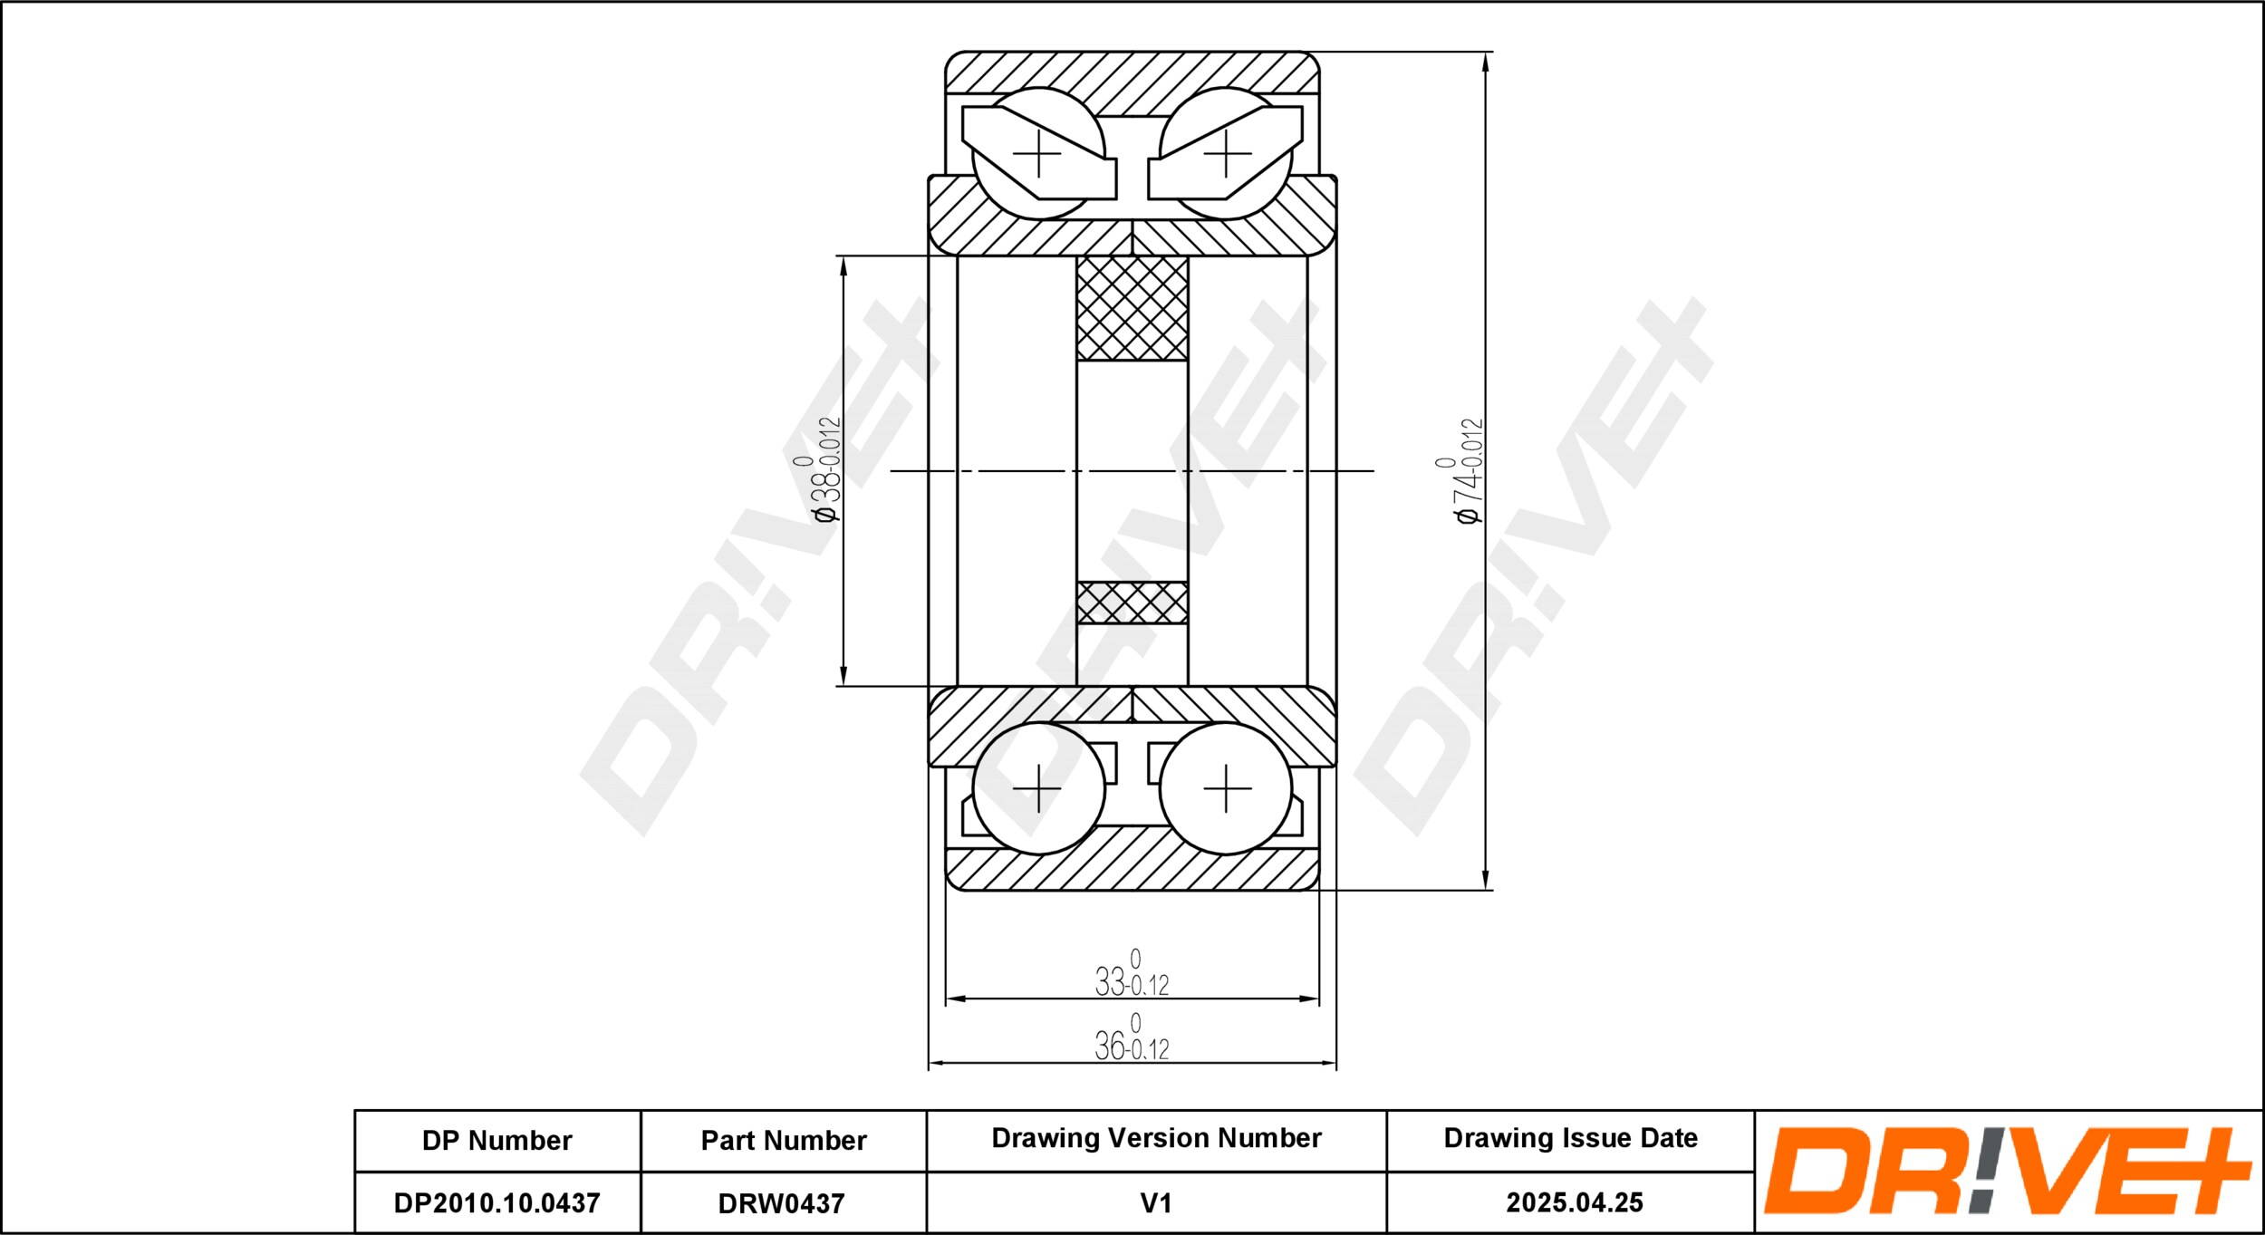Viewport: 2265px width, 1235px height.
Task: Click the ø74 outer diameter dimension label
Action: [1468, 470]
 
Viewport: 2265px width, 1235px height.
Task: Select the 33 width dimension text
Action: [1132, 974]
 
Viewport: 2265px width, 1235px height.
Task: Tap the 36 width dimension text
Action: [1132, 1038]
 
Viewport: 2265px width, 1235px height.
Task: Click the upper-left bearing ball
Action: [1038, 153]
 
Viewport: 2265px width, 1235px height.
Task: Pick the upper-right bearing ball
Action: [1227, 153]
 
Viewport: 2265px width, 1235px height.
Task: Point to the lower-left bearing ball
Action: [1038, 788]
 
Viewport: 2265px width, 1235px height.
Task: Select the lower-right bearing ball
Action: [1227, 788]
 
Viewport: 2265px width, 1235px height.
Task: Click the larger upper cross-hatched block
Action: [1132, 308]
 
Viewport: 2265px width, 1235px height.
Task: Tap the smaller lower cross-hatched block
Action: [1132, 603]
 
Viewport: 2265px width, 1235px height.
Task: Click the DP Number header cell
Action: [497, 1140]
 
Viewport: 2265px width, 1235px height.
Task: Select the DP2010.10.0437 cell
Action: [497, 1202]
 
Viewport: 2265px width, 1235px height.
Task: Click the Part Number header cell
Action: [784, 1140]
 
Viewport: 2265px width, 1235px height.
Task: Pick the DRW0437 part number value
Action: [781, 1203]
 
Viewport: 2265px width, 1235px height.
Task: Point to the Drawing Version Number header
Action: [1156, 1138]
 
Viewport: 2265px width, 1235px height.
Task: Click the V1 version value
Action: [1156, 1203]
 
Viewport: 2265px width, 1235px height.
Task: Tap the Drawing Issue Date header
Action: [1570, 1138]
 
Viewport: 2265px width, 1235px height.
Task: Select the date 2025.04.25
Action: [1575, 1202]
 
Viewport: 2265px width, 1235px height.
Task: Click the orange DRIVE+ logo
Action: [2008, 1171]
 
